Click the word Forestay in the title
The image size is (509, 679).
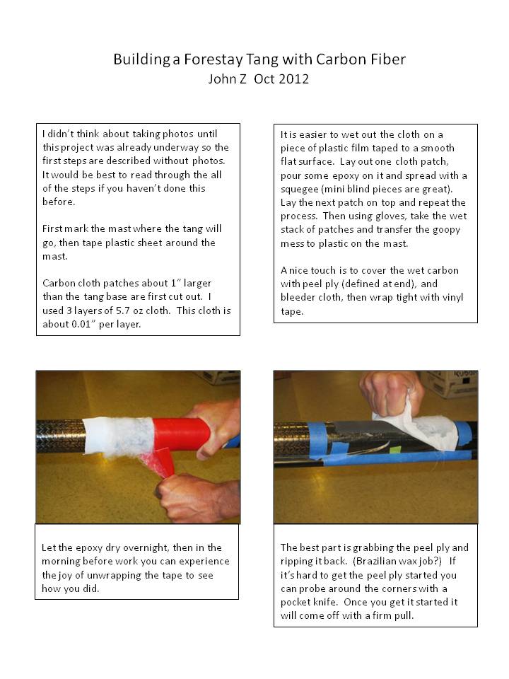213,59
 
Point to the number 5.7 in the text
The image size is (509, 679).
123,311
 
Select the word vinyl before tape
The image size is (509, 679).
452,298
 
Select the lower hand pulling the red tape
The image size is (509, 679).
197,497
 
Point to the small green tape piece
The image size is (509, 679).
394,450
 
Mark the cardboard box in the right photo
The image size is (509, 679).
450,383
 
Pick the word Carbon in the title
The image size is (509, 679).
341,59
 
